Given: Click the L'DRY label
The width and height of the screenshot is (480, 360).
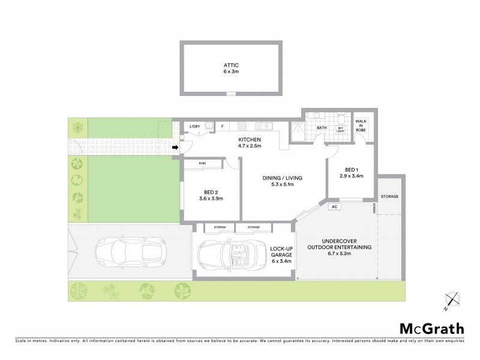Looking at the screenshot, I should click(x=194, y=127).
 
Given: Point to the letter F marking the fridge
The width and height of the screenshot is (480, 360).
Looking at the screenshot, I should click(x=222, y=127).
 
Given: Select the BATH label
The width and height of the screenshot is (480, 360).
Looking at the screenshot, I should click(x=322, y=127).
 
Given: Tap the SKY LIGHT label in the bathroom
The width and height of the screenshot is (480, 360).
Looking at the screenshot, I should click(x=340, y=130).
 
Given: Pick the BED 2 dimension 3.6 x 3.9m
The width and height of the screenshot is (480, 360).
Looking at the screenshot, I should click(x=211, y=200).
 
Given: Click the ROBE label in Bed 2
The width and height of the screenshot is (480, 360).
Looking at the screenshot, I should click(x=204, y=163).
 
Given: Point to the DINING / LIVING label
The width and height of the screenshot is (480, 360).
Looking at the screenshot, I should click(x=281, y=178).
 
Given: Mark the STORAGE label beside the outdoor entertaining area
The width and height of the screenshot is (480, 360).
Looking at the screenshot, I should click(x=389, y=196).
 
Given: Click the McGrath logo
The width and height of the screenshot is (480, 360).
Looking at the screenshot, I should click(x=431, y=328).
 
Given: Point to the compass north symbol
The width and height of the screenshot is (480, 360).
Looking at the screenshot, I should click(x=451, y=300).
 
